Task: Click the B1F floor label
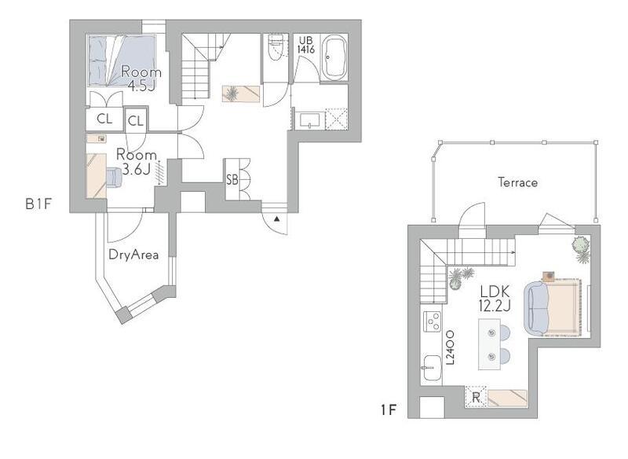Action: click(x=38, y=204)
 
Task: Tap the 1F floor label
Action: click(x=388, y=410)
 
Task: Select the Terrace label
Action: click(x=518, y=183)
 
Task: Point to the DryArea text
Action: click(x=133, y=255)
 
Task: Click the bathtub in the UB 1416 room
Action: click(x=335, y=58)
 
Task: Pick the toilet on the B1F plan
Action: click(x=276, y=47)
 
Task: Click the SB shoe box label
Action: click(x=232, y=179)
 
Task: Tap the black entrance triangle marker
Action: click(x=277, y=218)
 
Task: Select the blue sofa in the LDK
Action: click(x=535, y=308)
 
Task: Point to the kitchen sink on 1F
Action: click(x=432, y=368)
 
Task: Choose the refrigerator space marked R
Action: click(x=476, y=397)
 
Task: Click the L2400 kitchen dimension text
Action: click(x=451, y=347)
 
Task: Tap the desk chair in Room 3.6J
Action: click(x=114, y=177)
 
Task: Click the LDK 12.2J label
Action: click(x=495, y=298)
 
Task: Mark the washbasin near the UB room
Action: click(x=310, y=120)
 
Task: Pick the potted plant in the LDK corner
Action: click(x=581, y=249)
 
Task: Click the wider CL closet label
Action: click(x=104, y=119)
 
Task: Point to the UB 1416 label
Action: click(x=306, y=45)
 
